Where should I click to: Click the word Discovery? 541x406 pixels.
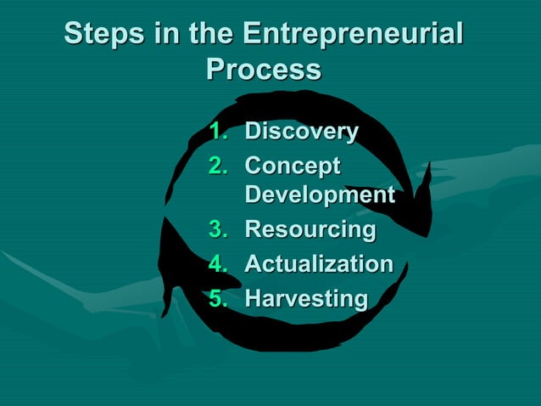tap(301, 133)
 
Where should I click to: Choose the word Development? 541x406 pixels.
tap(320, 196)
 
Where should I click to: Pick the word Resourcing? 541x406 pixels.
tap(310, 230)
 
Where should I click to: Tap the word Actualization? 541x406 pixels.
tap(319, 264)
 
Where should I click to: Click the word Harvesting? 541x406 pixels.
tap(306, 298)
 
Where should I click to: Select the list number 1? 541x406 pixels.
tap(219, 133)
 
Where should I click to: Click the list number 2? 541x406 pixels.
tap(219, 165)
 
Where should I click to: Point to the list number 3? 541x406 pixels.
tap(219, 230)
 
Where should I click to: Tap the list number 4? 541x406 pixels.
tap(219, 264)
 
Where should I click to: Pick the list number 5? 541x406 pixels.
tap(219, 298)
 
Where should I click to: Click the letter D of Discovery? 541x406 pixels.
tap(254, 133)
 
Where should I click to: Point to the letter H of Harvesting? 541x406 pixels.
tap(254, 298)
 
